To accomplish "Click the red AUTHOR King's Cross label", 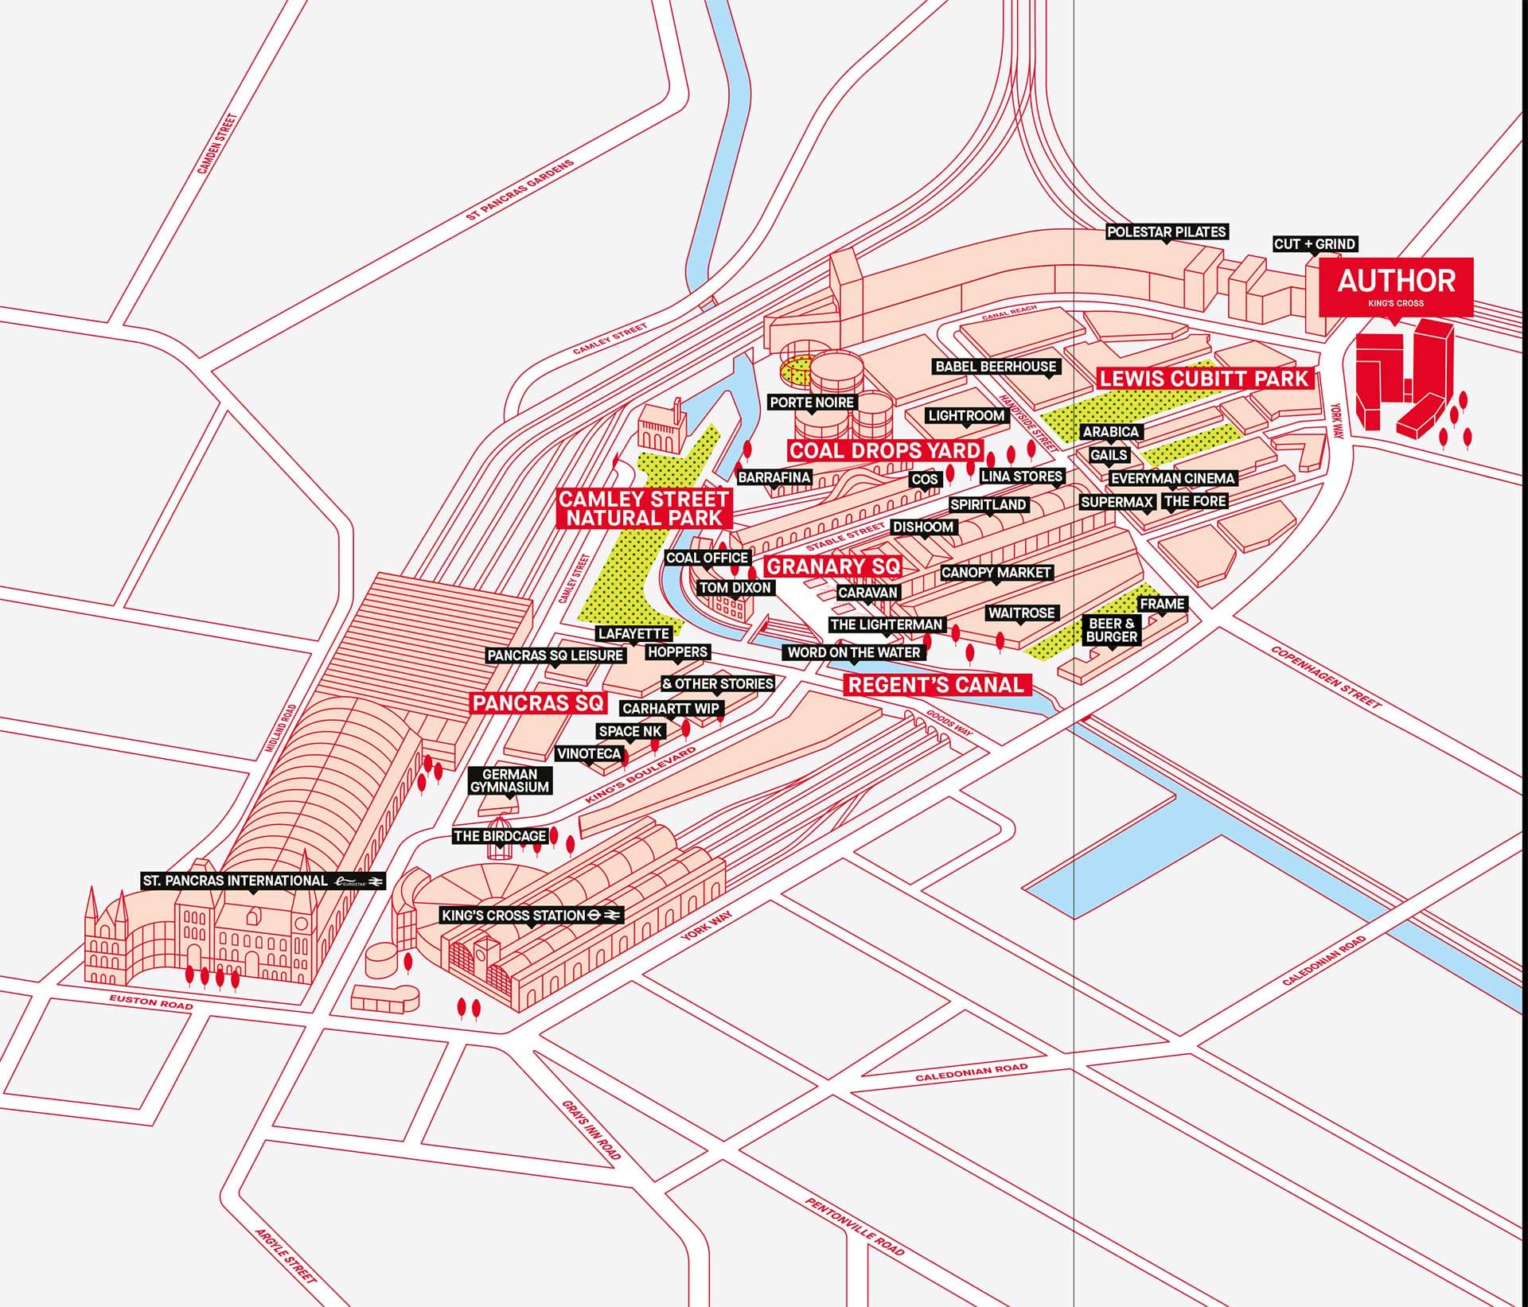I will coord(1396,286).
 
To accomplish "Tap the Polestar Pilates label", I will coord(1167,232).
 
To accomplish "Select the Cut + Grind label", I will coord(1314,244).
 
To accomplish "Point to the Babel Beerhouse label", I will coord(996,367).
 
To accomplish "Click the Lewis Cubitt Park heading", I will coord(1203,379).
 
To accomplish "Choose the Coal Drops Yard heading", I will coord(884,450).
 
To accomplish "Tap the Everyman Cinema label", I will coord(1172,478).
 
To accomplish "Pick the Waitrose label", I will coord(1022,613).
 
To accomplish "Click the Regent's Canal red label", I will coord(935,685).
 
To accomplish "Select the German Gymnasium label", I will coord(509,780).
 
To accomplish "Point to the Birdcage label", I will coord(500,836).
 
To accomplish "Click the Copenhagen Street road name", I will coord(1325,678).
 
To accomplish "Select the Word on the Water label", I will coord(853,652).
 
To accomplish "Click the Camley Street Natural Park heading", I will coord(643,508).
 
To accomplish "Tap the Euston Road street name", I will coord(151,1002).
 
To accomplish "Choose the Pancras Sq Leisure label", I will coord(555,655).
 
